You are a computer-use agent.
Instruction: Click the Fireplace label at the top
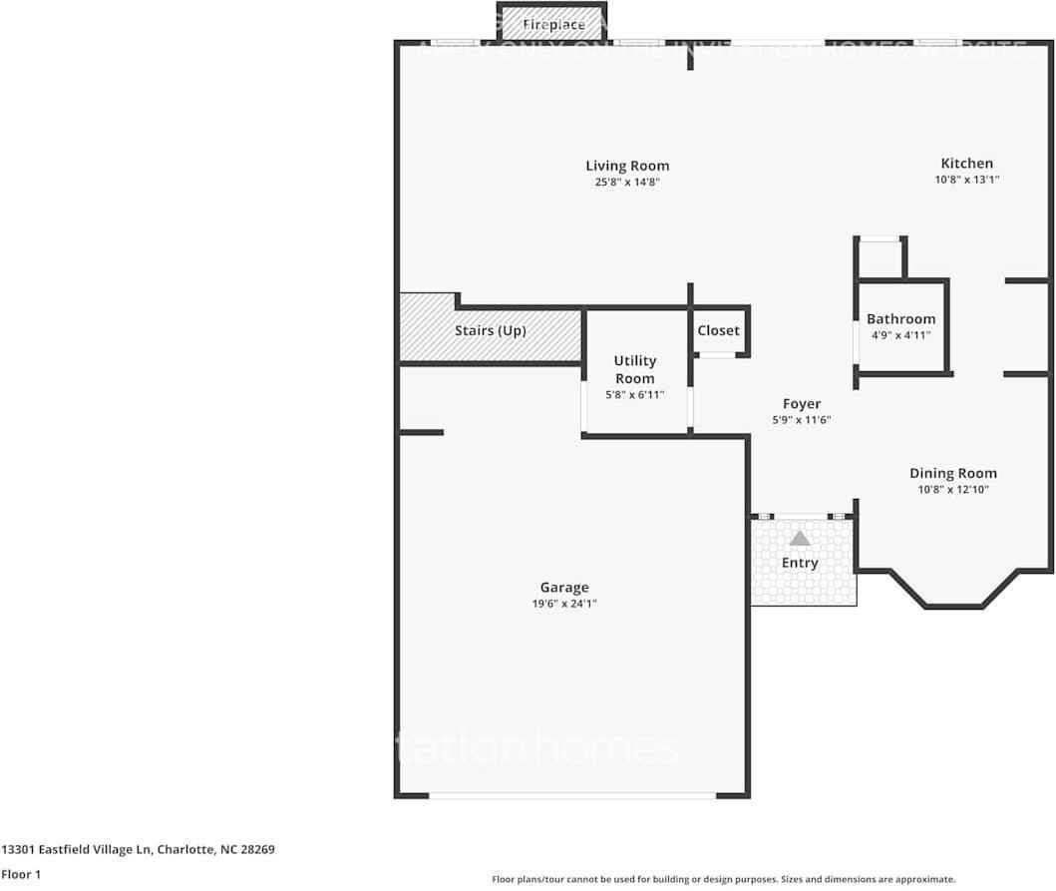[553, 24]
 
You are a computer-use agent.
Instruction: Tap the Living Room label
[627, 166]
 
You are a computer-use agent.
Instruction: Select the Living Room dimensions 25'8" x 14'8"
[627, 182]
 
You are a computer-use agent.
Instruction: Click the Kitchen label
[966, 164]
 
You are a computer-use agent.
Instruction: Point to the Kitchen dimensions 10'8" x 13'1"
[966, 180]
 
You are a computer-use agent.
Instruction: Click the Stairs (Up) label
[490, 330]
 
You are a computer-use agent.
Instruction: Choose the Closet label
[718, 330]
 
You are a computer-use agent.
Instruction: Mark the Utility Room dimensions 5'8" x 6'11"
[635, 394]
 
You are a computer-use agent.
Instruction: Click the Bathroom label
[900, 319]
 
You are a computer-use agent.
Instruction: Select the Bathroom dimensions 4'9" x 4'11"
[900, 335]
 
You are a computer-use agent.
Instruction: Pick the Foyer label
[802, 404]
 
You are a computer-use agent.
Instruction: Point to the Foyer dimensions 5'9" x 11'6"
[802, 420]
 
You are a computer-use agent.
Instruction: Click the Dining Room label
[952, 473]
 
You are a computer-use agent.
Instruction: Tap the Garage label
[564, 588]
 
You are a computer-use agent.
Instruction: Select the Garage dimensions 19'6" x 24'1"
[564, 604]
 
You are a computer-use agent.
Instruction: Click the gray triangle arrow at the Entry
[800, 539]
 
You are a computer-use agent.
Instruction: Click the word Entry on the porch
[800, 563]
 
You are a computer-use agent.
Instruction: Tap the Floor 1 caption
[21, 875]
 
